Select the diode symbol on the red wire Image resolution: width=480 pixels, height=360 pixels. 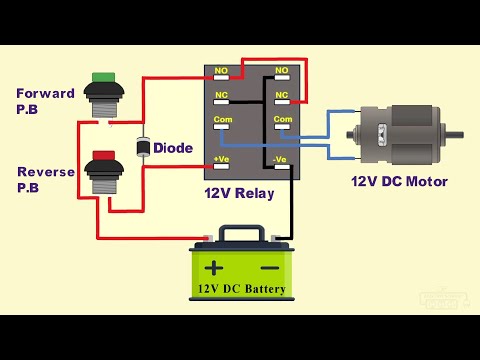(142, 147)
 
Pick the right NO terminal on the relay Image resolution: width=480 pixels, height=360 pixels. (281, 72)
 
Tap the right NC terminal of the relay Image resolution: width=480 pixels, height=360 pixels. (281, 97)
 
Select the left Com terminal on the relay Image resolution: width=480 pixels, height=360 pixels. (223, 122)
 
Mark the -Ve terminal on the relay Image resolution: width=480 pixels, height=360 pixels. (281, 159)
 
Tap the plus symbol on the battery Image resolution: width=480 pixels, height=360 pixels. (214, 268)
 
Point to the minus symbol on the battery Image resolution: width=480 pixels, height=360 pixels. (269, 268)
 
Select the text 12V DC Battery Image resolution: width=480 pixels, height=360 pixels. (241, 290)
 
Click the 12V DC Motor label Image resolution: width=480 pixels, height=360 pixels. (399, 181)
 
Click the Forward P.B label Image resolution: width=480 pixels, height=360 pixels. (46, 100)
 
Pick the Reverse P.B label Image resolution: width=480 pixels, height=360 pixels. (46, 179)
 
